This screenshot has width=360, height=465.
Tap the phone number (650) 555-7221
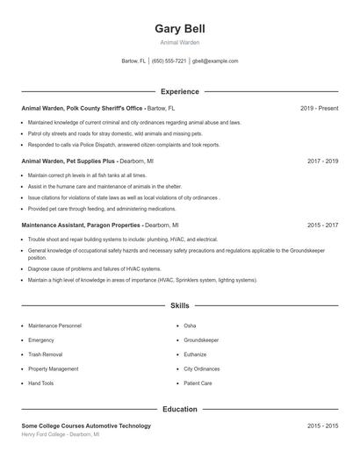tap(169, 61)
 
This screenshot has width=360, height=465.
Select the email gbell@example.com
tap(215, 61)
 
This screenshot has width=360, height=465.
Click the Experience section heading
tap(179, 91)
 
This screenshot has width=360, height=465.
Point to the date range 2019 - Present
tap(319, 108)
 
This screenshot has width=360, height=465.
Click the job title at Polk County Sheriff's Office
tap(82, 108)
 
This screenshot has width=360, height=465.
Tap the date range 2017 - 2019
tap(322, 161)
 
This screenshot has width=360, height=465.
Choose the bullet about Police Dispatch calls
tap(123, 145)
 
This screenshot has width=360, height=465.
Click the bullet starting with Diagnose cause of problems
tap(94, 268)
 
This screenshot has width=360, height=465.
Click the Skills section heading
tap(179, 306)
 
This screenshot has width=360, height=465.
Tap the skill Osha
tap(190, 325)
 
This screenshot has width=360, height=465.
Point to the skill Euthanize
tap(195, 354)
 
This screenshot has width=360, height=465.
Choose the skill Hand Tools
tap(41, 383)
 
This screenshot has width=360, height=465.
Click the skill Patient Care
tap(198, 383)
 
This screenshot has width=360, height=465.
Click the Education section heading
tap(179, 409)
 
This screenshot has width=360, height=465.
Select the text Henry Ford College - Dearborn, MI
tap(61, 434)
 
